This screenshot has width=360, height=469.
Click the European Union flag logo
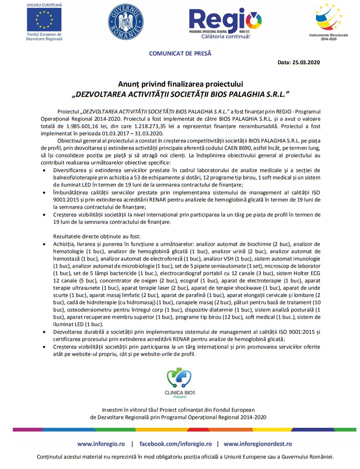(x=44, y=19)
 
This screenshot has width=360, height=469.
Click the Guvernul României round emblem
(x=125, y=20)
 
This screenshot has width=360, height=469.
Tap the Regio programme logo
(x=225, y=21)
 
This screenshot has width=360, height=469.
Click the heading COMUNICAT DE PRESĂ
(x=180, y=54)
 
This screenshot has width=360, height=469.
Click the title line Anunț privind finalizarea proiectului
(x=181, y=84)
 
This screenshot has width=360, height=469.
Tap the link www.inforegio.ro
(x=101, y=444)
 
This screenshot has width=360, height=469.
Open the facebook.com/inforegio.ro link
(x=176, y=444)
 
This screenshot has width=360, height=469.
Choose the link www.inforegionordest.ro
(x=257, y=444)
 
